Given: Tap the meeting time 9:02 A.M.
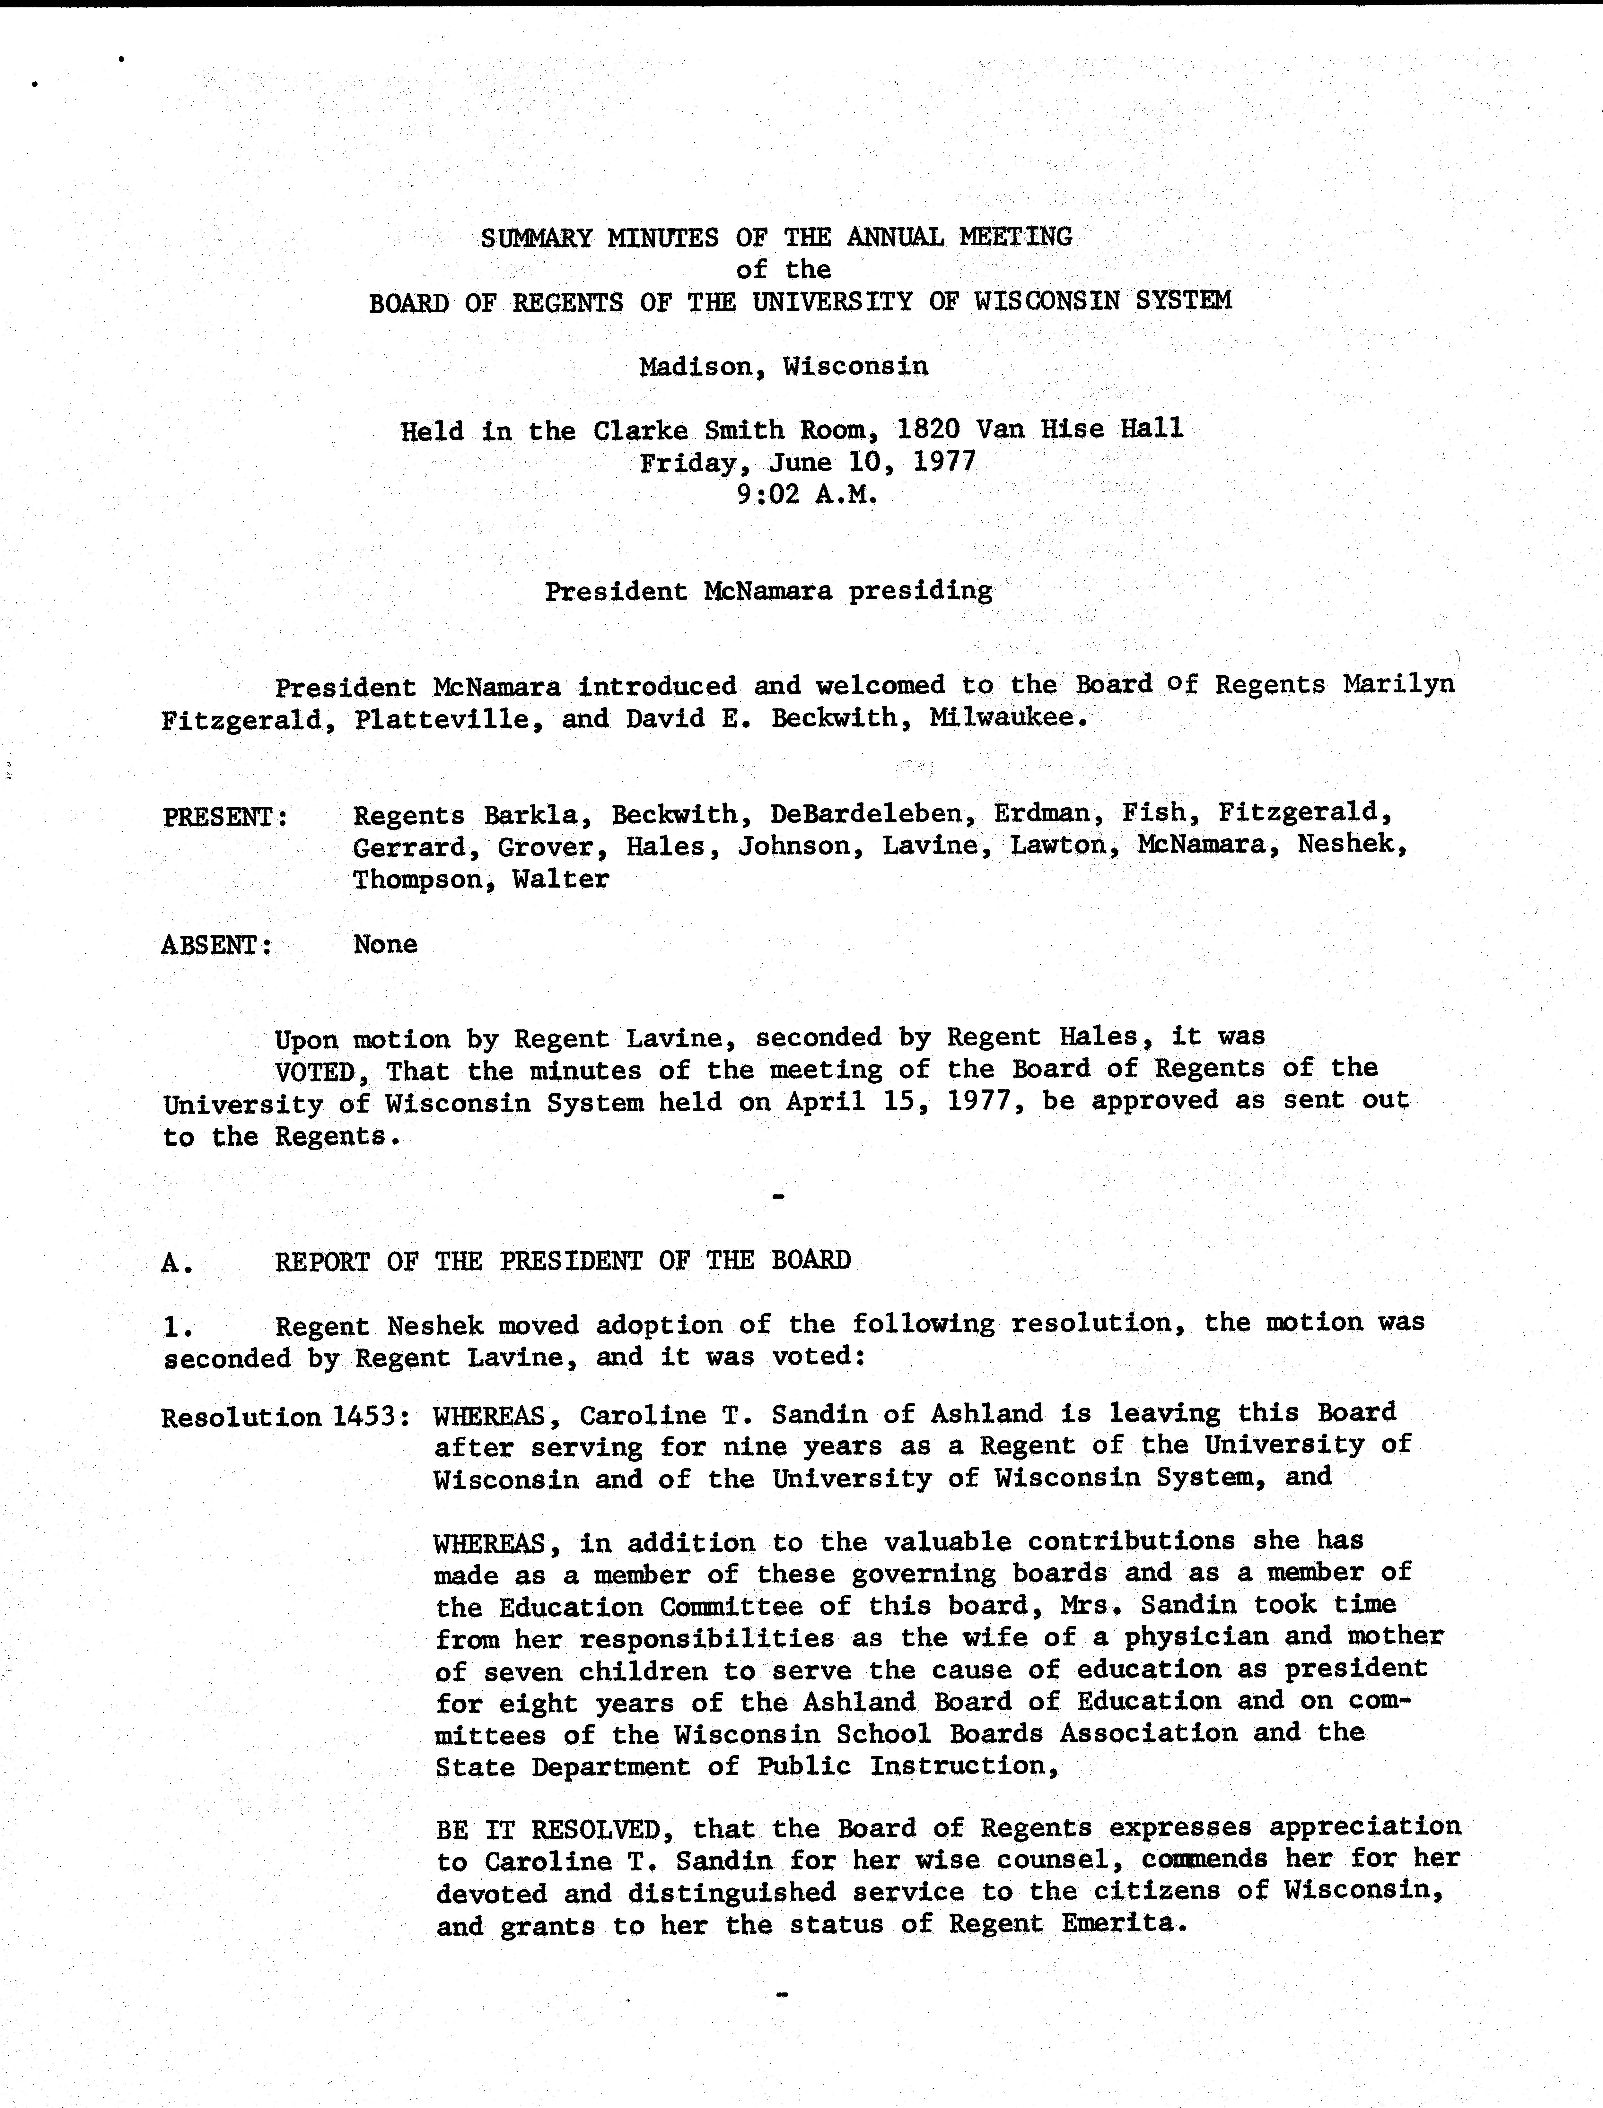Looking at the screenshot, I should (x=806, y=495).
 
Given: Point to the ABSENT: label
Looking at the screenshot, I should (x=217, y=945).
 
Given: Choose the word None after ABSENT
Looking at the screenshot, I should (x=385, y=944).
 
